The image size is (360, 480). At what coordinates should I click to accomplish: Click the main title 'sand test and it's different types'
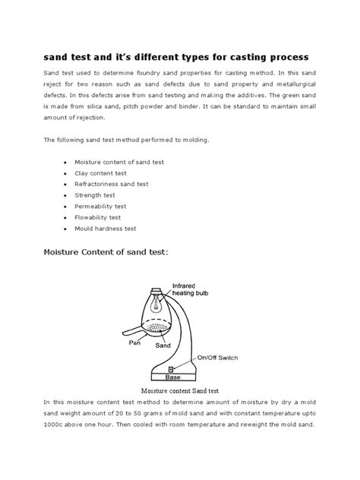pos(179,58)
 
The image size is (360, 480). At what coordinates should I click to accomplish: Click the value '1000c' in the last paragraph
pos(55,424)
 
